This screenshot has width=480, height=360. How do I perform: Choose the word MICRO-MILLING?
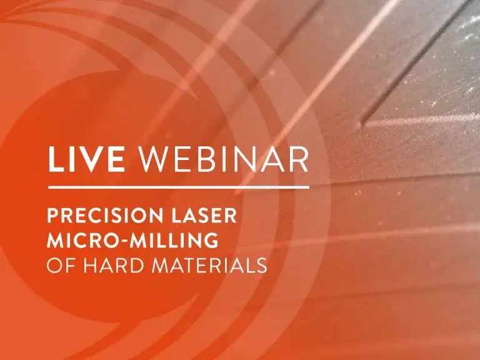point(132,241)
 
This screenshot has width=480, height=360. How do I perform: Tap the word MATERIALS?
point(211,265)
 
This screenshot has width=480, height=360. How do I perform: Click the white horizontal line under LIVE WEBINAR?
point(178,186)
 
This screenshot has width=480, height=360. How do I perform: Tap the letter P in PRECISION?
point(53,217)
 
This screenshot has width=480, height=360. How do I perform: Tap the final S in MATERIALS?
point(262,265)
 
